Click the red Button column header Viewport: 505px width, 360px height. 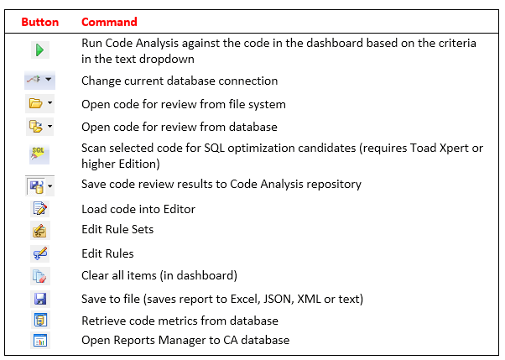tap(40, 22)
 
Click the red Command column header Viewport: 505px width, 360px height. tap(109, 22)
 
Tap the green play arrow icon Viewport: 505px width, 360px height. tap(40, 50)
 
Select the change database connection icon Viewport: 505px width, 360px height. tap(39, 80)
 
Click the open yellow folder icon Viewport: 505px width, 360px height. tap(39, 103)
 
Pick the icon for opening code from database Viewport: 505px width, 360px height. tap(39, 127)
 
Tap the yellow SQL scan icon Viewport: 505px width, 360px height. tap(39, 154)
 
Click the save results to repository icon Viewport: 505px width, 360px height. tap(39, 186)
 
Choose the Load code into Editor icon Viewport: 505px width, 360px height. tap(40, 208)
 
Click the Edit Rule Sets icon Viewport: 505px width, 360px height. tap(40, 231)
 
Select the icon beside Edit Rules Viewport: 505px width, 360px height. tap(40, 253)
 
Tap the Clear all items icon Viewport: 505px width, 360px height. tap(40, 276)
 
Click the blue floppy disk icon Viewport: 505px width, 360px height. tap(40, 299)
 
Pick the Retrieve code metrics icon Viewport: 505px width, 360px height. tap(40, 321)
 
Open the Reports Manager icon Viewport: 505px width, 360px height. tap(40, 341)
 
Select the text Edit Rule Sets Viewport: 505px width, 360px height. tap(117, 229)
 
